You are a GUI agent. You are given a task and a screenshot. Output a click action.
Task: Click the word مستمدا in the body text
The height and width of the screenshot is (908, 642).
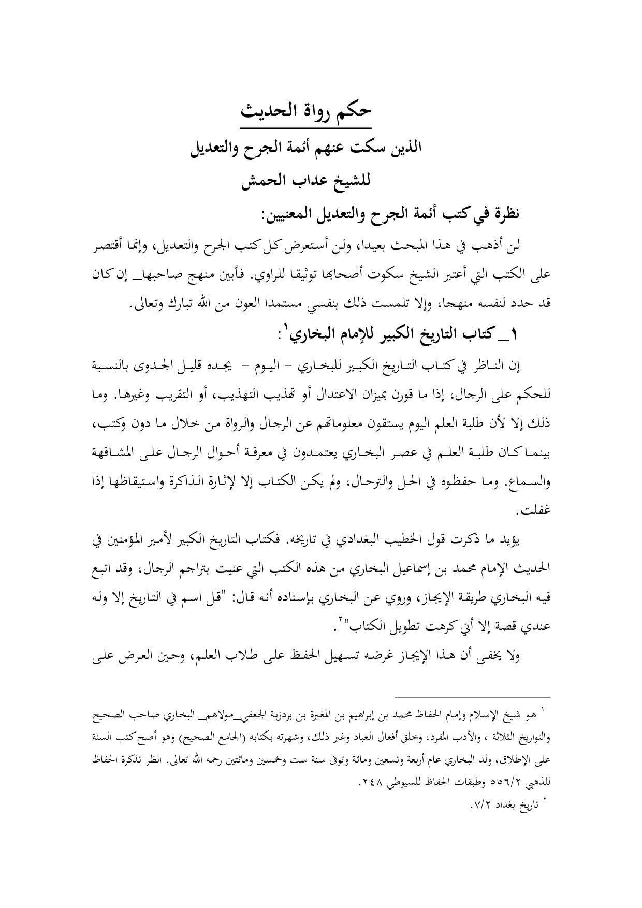pos(270,305)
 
